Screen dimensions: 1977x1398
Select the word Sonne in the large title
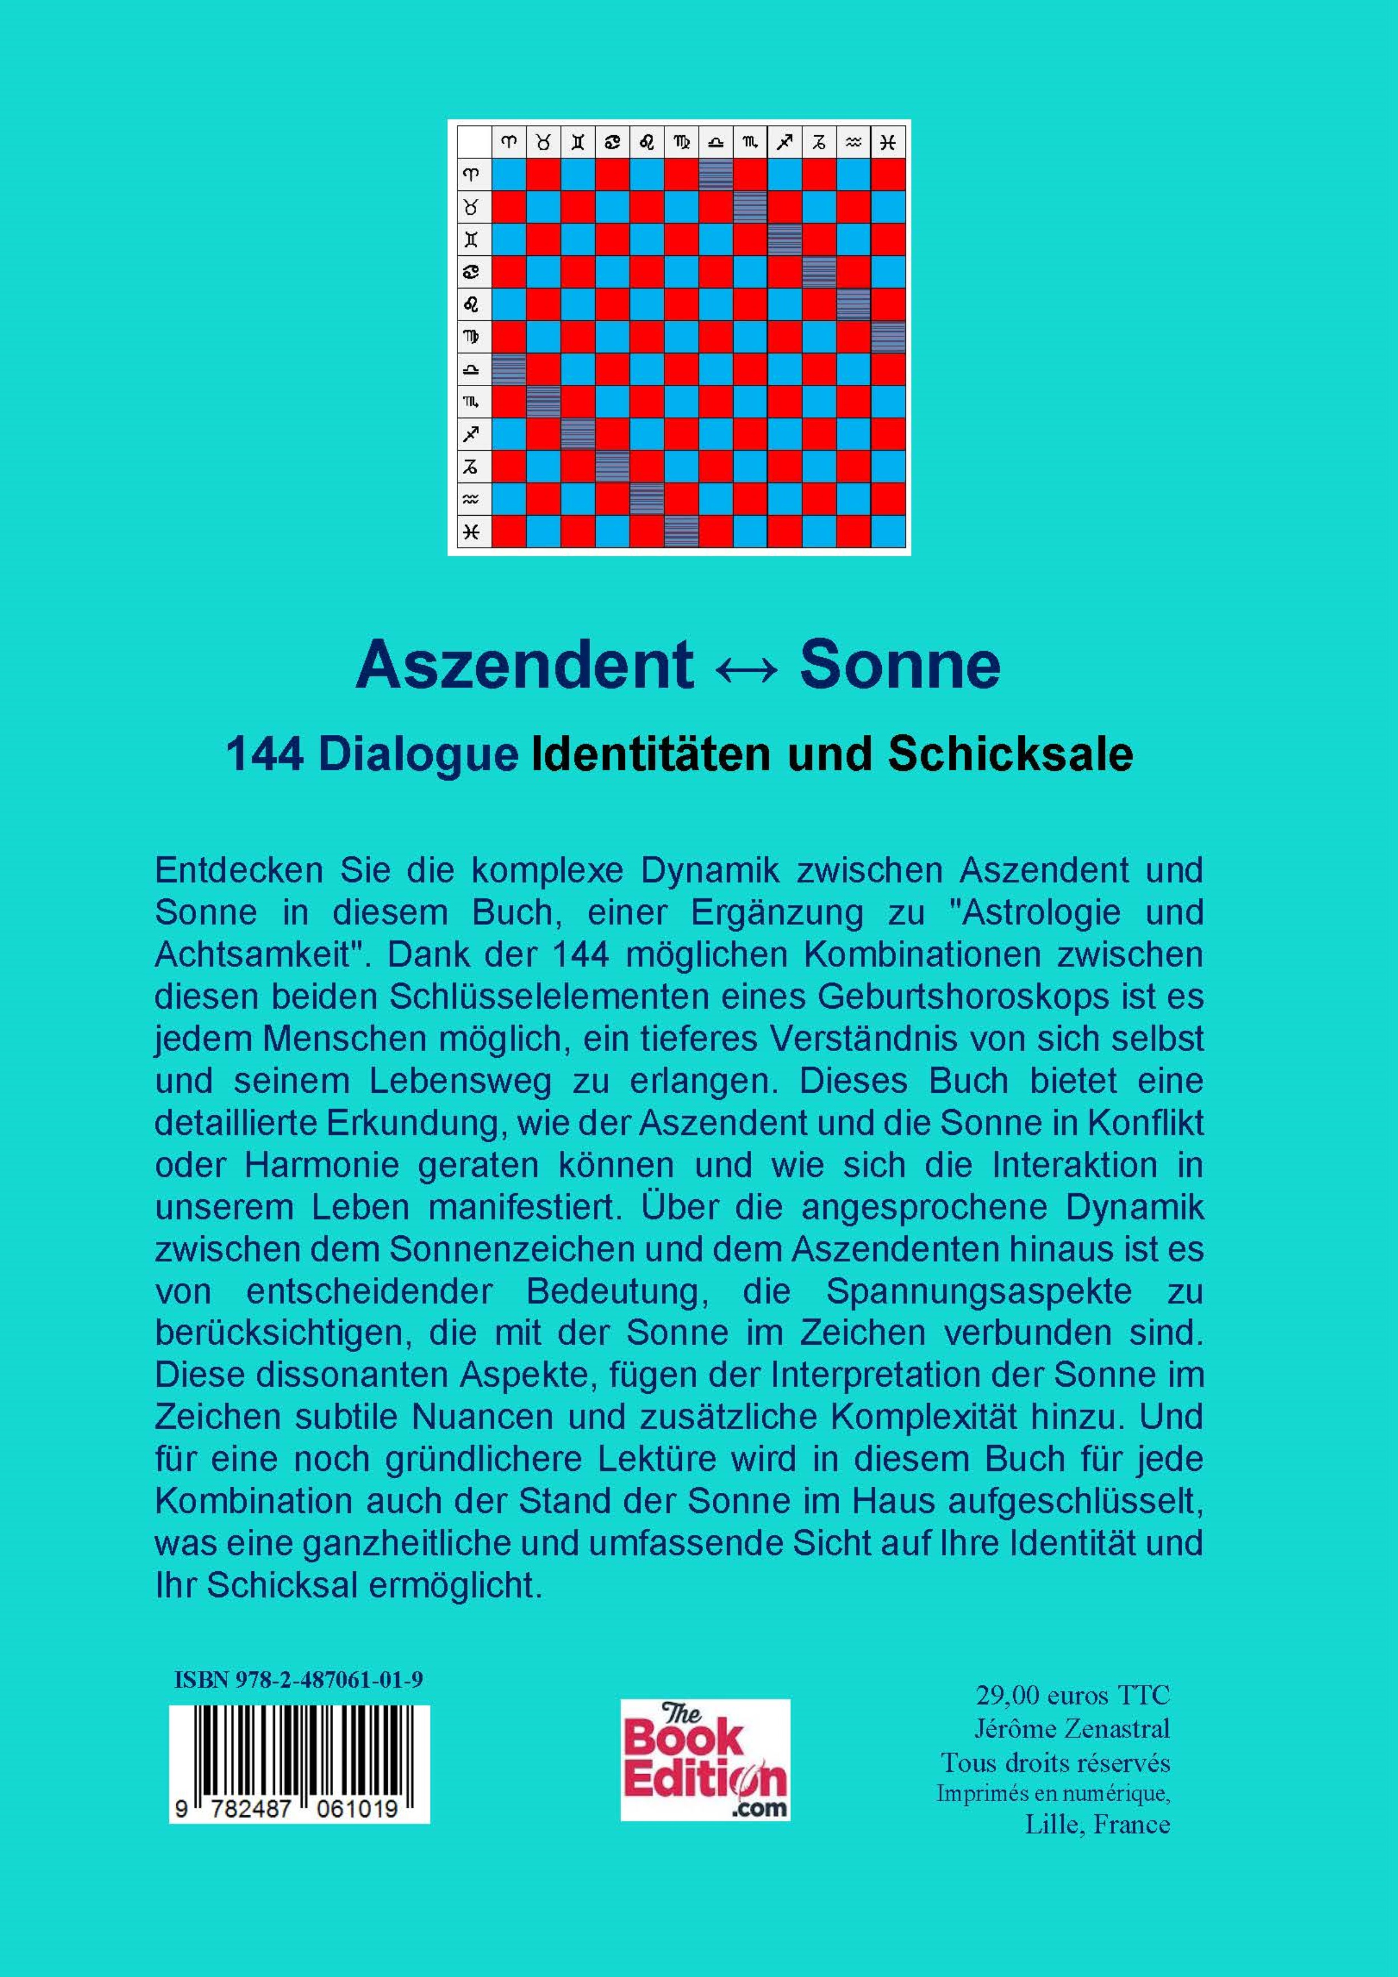click(900, 665)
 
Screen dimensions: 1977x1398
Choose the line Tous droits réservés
click(1055, 1762)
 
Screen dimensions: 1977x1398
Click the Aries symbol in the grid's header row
click(509, 142)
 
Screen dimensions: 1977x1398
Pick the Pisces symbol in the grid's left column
click(471, 531)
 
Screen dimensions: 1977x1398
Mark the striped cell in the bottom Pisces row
click(681, 531)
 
